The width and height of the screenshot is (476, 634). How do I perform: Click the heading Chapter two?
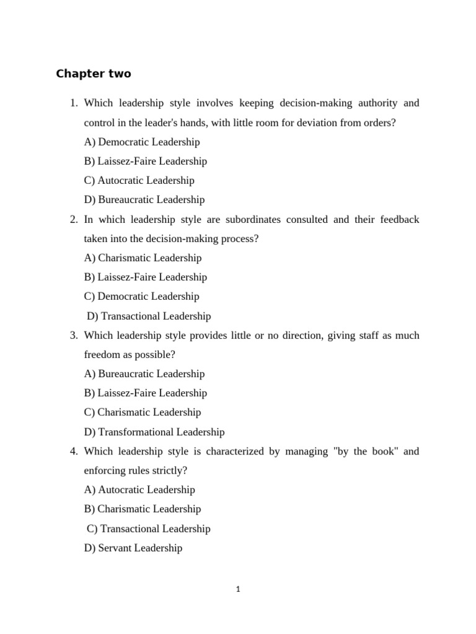pos(94,74)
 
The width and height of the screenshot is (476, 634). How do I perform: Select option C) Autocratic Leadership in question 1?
pos(139,180)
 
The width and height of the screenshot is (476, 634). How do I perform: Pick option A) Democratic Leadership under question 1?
pos(142,142)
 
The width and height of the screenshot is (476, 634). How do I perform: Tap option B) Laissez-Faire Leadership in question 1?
pos(146,161)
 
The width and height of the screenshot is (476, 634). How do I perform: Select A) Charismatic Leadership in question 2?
pos(143,258)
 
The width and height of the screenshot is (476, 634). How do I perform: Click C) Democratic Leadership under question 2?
pos(142,296)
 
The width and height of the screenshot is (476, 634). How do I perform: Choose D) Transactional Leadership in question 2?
pos(149,316)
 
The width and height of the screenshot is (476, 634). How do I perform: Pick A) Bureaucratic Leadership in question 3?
pos(144,373)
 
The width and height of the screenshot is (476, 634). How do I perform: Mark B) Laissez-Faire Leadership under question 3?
pos(146,393)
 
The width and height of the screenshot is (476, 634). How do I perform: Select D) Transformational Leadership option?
pos(154,432)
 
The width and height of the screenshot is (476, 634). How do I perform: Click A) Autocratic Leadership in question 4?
pos(139,489)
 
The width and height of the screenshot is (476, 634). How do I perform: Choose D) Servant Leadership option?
pos(133,547)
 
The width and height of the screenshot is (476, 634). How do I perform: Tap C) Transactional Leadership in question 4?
pos(149,528)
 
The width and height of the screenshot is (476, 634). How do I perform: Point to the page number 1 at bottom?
pos(238,589)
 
